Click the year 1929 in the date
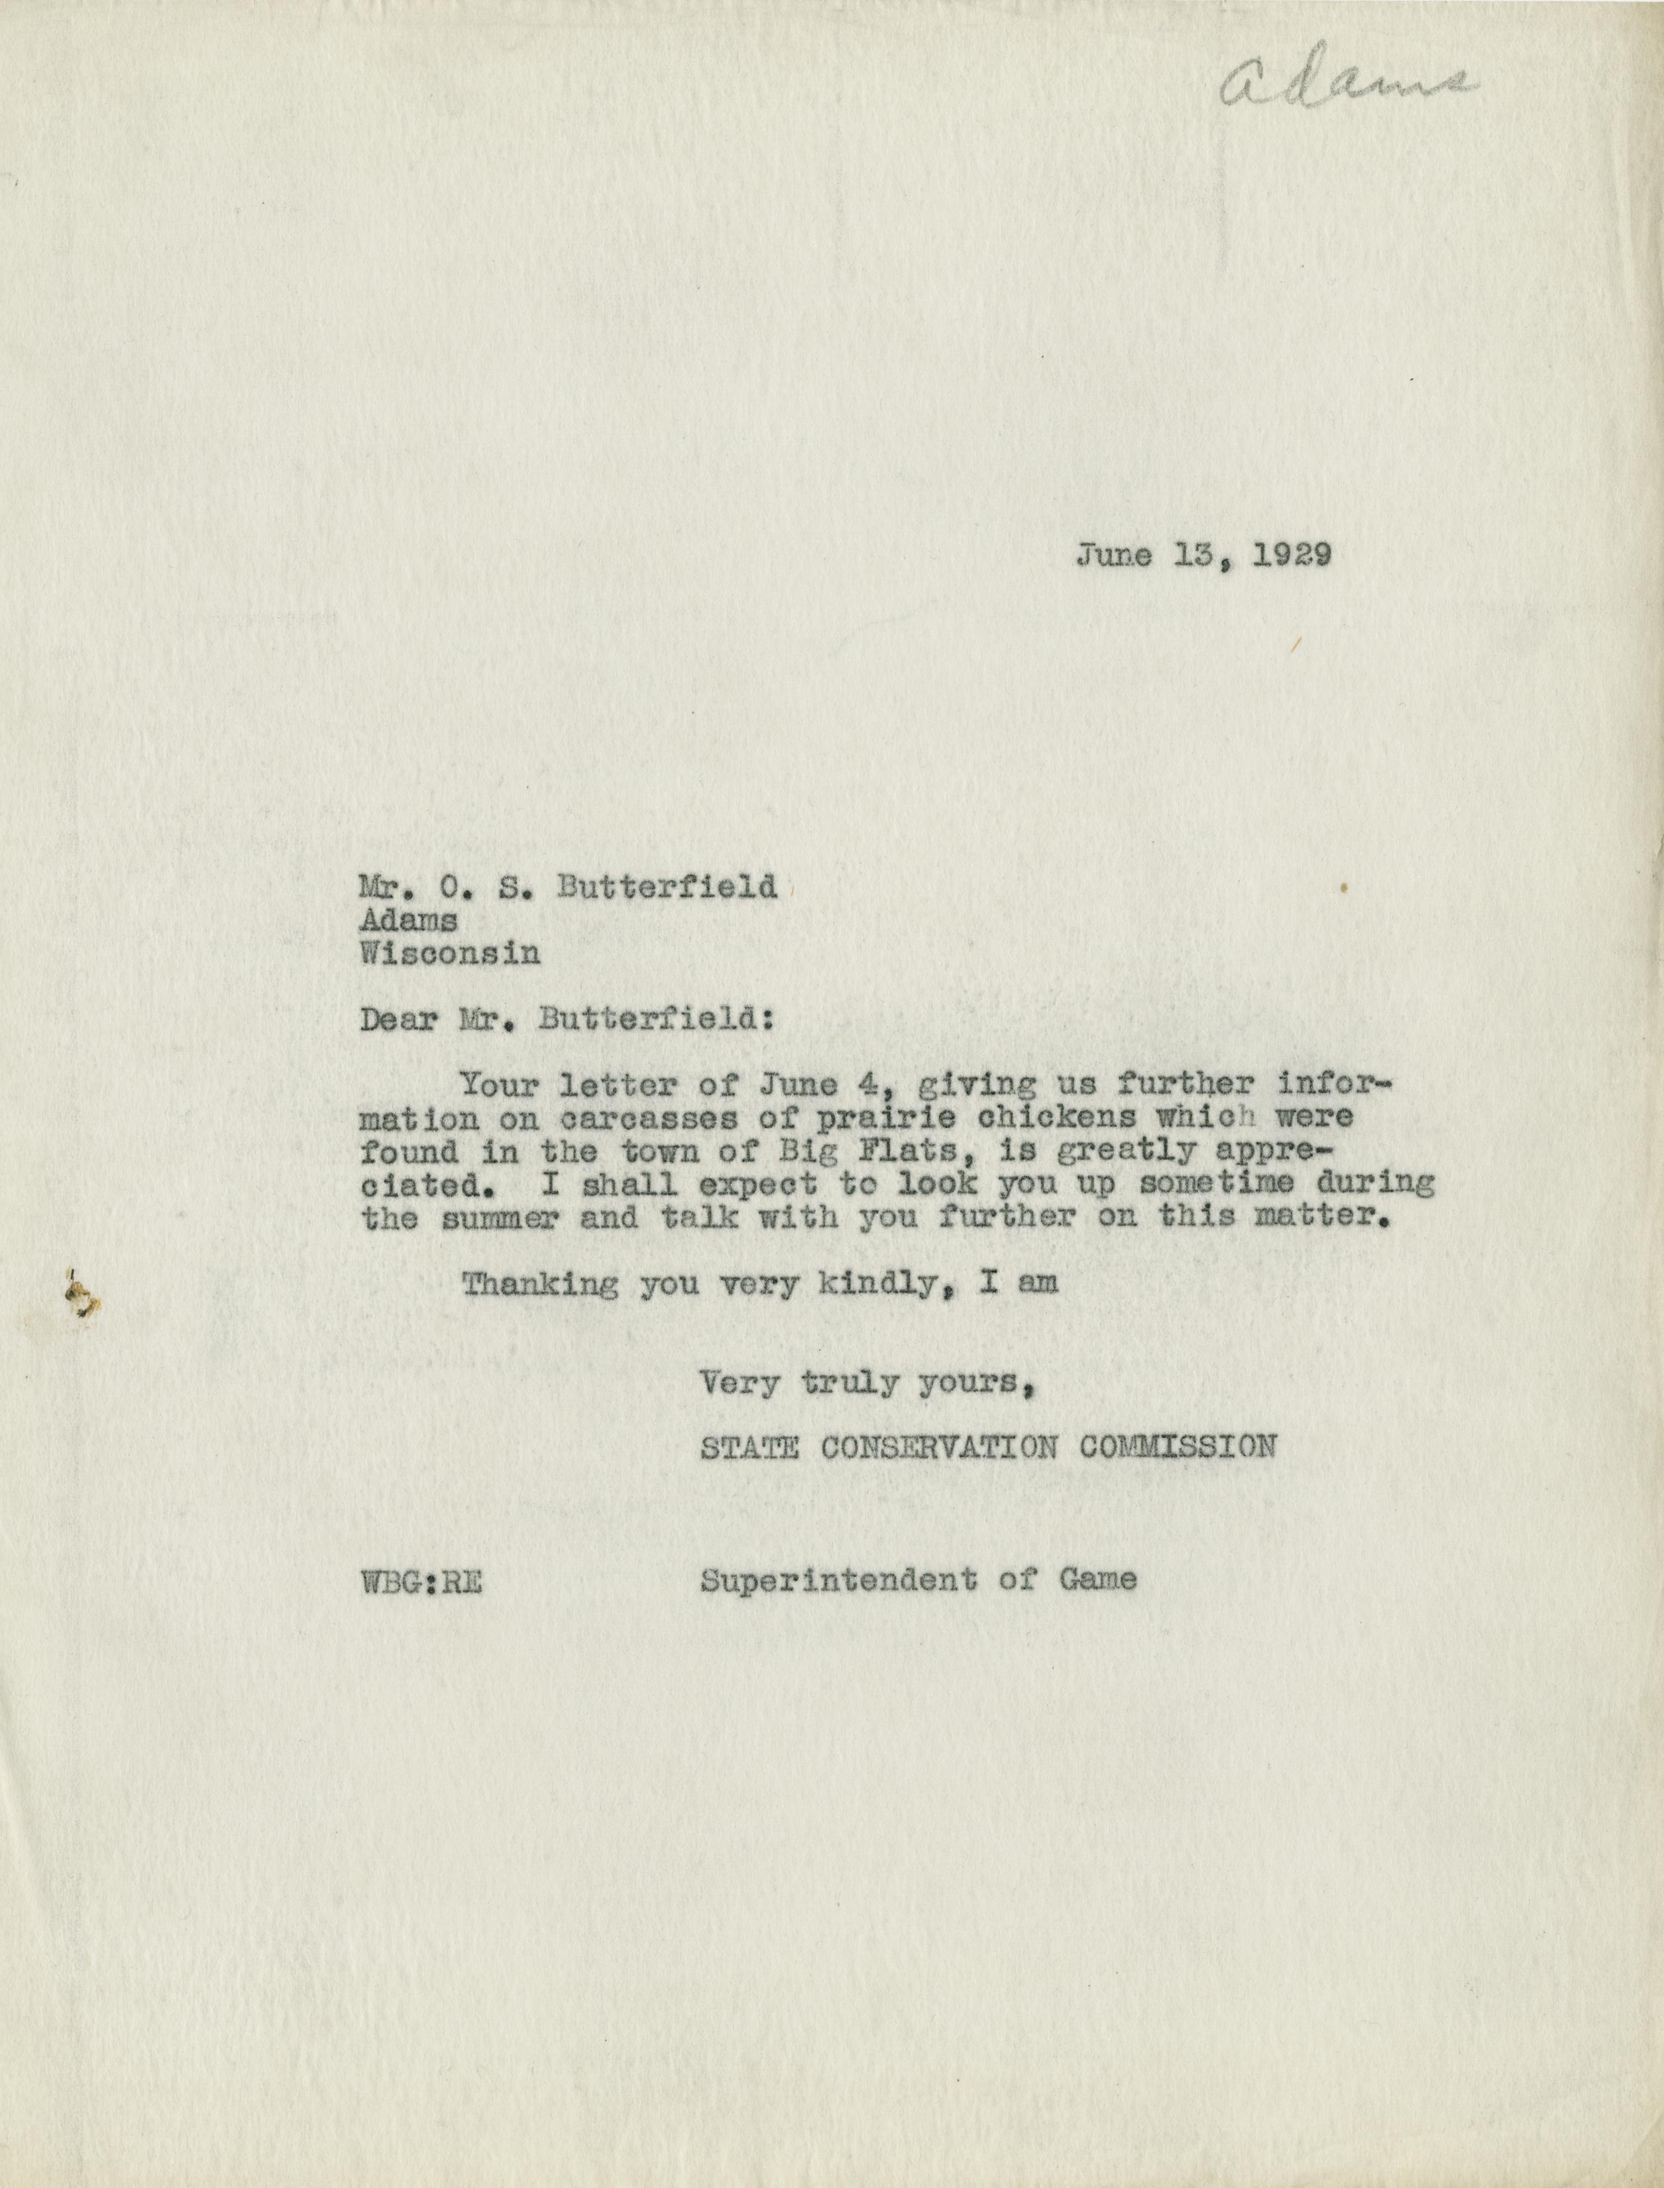[1291, 555]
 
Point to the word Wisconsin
[450, 953]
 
